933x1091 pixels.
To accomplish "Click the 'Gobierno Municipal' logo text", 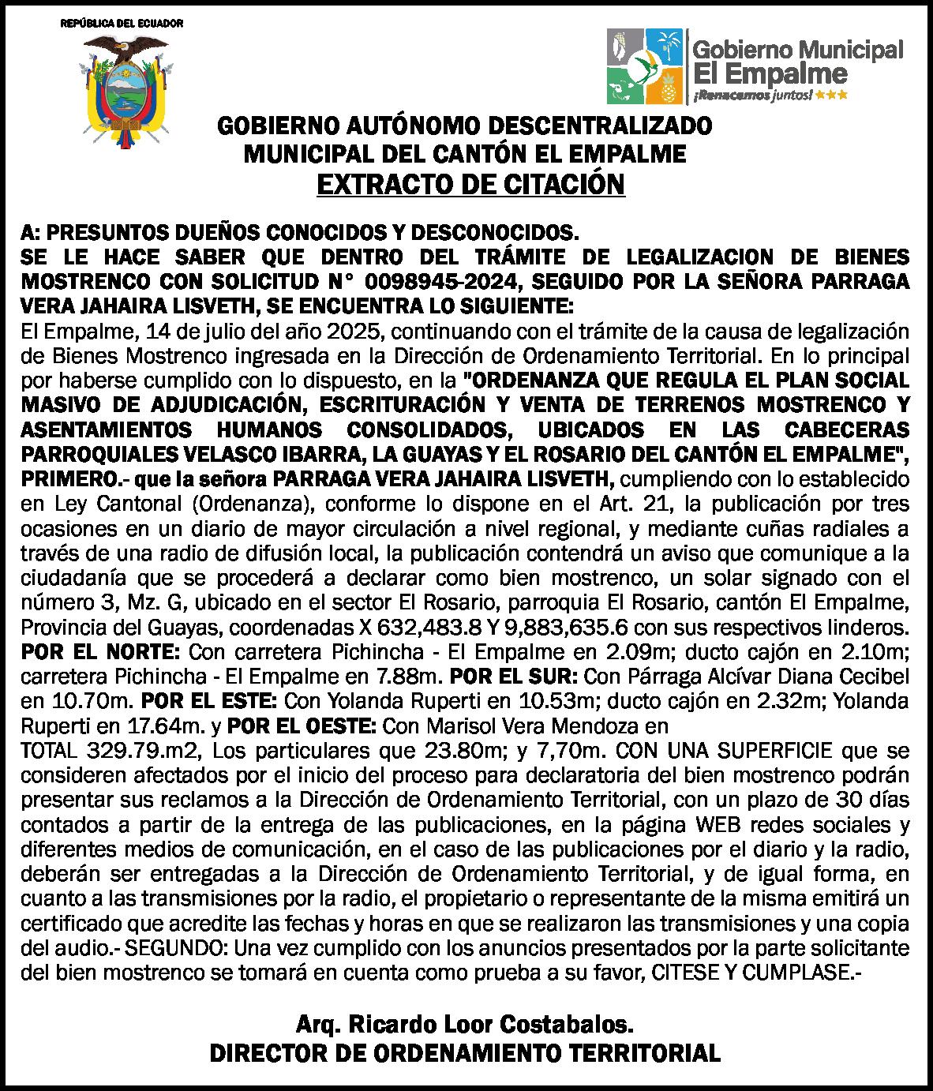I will (797, 51).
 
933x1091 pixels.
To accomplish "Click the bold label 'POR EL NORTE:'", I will (103, 653).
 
